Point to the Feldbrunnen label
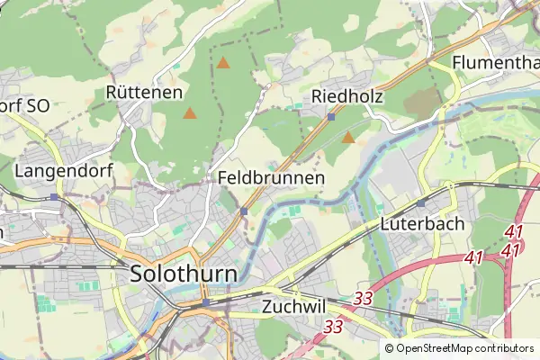[271, 178]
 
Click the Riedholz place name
[347, 97]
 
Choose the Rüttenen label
[144, 92]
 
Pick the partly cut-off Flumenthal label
[495, 63]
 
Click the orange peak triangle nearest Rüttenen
[190, 113]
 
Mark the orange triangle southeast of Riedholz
[348, 138]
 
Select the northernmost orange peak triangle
[223, 63]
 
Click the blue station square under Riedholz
[331, 117]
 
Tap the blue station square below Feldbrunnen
[244, 211]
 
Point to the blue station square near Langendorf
[56, 196]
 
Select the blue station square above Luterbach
[420, 203]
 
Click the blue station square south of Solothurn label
[205, 302]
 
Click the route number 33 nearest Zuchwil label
[364, 297]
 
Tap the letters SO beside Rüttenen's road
[38, 105]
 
